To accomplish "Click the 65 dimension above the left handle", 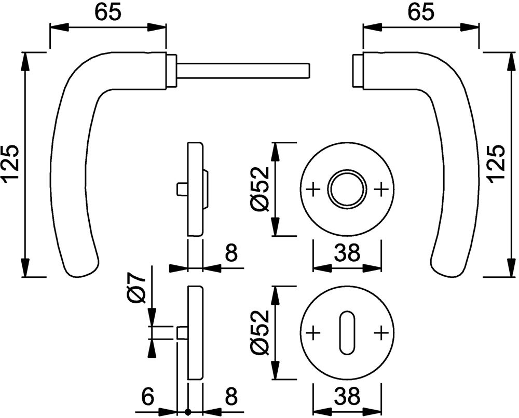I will click(x=108, y=12).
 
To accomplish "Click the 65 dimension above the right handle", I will click(x=420, y=12).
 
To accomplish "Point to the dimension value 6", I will click(x=148, y=398).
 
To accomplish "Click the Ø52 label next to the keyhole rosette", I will click(x=259, y=332).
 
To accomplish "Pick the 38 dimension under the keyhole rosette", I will click(x=347, y=398).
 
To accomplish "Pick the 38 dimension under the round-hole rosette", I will click(x=347, y=254).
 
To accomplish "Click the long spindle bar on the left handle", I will click(x=244, y=70).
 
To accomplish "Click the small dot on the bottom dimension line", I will click(x=188, y=412).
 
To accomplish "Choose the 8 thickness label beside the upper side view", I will click(x=230, y=254).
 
